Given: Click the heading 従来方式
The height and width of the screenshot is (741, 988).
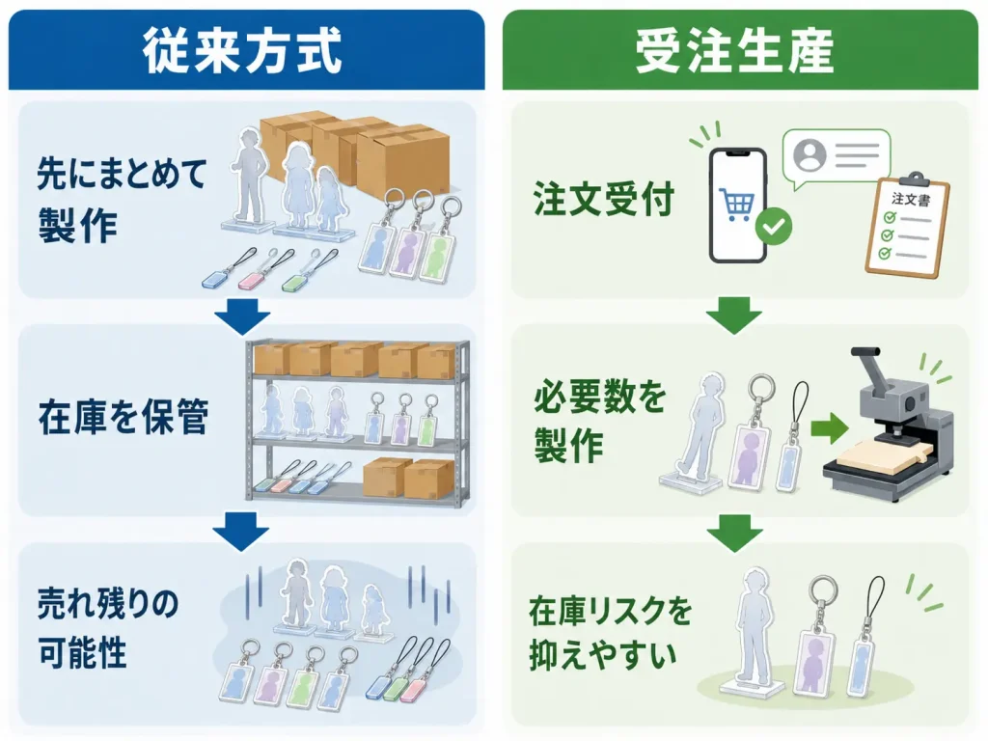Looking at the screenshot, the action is (x=242, y=50).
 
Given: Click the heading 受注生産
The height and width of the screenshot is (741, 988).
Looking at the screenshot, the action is (x=734, y=50).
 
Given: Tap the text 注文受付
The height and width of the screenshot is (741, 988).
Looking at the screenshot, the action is (x=603, y=199).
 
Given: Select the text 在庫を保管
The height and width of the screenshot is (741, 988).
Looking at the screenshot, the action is (x=123, y=417).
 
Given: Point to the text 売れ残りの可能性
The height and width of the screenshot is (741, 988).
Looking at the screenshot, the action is (x=108, y=628).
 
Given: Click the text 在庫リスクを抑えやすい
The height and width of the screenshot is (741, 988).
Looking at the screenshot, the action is (x=610, y=633).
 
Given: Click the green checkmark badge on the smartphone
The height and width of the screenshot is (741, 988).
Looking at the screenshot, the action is (x=773, y=226).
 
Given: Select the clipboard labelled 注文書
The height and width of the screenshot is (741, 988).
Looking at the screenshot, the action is (x=908, y=226).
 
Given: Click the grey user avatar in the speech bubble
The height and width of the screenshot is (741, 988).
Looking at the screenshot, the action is (x=810, y=155).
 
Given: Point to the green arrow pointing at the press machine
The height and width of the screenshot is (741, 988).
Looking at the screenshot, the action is (x=830, y=428).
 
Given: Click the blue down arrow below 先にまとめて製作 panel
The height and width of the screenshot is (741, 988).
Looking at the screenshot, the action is (x=242, y=317).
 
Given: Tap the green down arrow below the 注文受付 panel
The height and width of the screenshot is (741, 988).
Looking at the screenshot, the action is (x=734, y=316).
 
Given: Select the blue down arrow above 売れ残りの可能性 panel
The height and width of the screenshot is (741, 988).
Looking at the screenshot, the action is (x=241, y=533).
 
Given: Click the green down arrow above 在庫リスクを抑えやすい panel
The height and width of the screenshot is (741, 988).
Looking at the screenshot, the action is (x=734, y=533).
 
